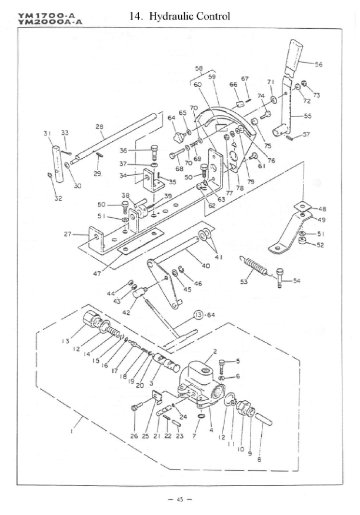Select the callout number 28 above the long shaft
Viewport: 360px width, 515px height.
pos(99,126)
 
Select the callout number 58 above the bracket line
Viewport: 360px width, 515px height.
pos(199,68)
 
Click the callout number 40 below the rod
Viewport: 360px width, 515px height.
pos(205,265)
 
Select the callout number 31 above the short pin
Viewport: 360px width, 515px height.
pos(46,133)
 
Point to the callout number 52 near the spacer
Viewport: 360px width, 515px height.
pos(320,245)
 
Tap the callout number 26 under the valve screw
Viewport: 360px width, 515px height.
pos(134,436)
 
